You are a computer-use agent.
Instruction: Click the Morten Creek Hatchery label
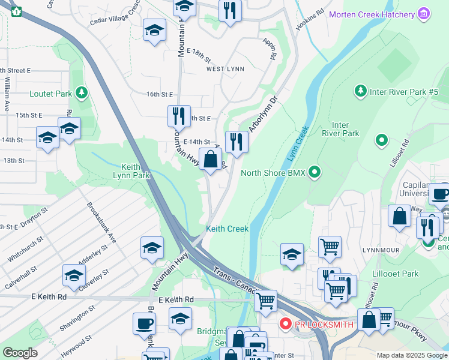pos(372,14)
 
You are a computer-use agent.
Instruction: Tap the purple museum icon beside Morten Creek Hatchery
pos(424,14)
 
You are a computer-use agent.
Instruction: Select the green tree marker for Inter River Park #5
pos(360,91)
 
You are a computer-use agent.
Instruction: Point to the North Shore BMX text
pos(273,173)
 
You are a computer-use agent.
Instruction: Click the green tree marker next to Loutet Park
pos(82,93)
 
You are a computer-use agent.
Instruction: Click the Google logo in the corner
pos(20,352)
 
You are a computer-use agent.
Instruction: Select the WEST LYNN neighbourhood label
pos(225,69)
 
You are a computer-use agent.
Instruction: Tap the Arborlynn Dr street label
pos(262,114)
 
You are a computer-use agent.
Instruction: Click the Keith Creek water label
pos(227,229)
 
